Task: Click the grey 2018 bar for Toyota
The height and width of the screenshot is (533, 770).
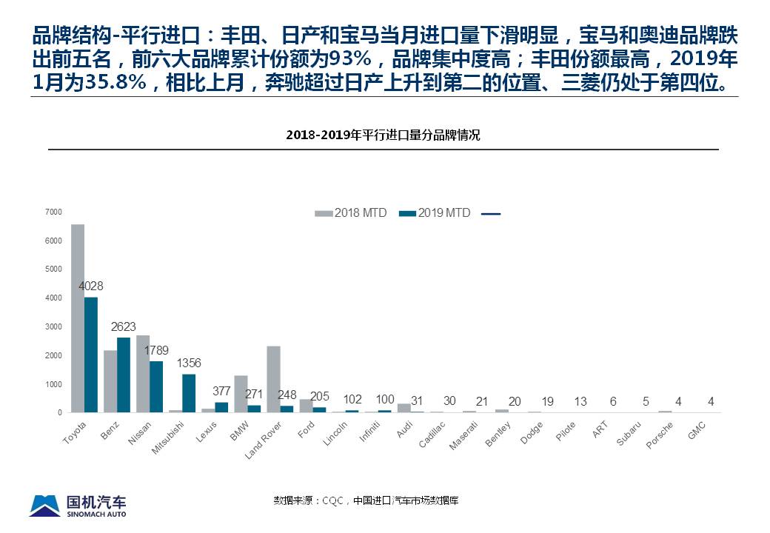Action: pyautogui.click(x=78, y=318)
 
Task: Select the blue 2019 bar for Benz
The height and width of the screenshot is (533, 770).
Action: pyautogui.click(x=123, y=375)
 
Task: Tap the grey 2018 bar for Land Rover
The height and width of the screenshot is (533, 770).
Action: pyautogui.click(x=273, y=379)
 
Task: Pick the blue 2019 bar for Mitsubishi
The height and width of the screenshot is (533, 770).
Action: pyautogui.click(x=189, y=393)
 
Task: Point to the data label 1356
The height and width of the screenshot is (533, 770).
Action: pyautogui.click(x=189, y=363)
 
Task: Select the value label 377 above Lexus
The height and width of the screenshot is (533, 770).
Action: pyautogui.click(x=221, y=391)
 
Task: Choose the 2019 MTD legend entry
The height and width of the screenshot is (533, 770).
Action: pyautogui.click(x=435, y=213)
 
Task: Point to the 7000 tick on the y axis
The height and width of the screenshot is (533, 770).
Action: pyautogui.click(x=53, y=212)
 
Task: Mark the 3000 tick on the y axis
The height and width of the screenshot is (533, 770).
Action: pyautogui.click(x=53, y=326)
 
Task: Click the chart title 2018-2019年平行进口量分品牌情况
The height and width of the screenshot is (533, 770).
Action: pyautogui.click(x=384, y=135)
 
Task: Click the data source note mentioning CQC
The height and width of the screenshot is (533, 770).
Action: pyautogui.click(x=366, y=500)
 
